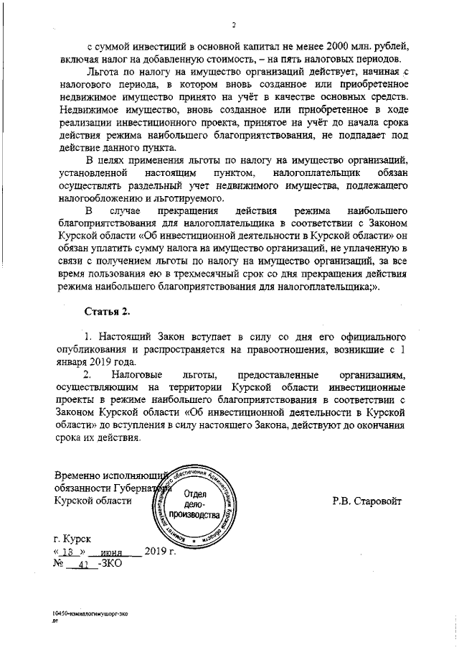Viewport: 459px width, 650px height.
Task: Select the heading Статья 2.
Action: pos(108,311)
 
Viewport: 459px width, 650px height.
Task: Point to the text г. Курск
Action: pos(72,538)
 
